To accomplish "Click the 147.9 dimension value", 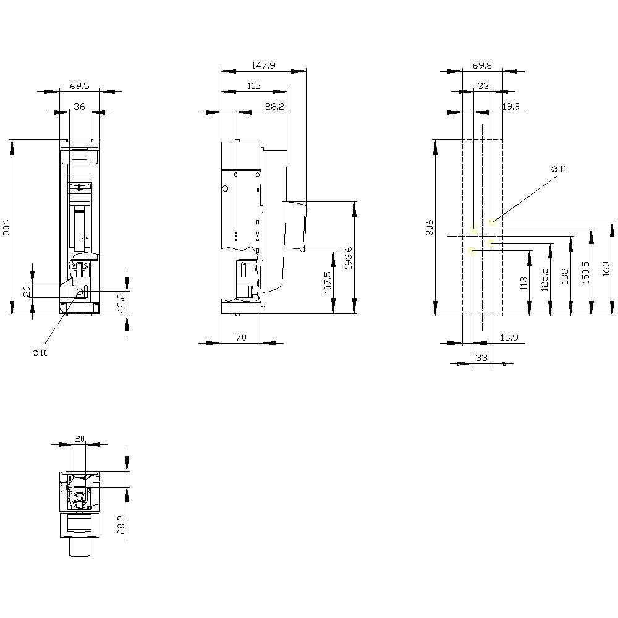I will [x=263, y=64].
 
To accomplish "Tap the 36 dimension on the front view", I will [x=80, y=106].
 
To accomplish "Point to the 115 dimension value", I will [x=253, y=85].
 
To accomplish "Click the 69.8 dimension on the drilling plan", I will [x=482, y=64].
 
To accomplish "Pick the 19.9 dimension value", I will [x=510, y=106].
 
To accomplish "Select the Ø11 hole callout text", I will [x=559, y=169].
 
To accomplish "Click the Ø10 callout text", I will [x=41, y=353].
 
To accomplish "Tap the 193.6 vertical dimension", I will [x=349, y=258].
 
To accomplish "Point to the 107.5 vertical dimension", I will [x=328, y=282].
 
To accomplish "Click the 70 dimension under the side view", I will [x=241, y=337].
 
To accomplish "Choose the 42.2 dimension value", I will [x=121, y=303].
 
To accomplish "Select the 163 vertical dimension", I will [x=606, y=268].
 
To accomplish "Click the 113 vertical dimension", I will [x=524, y=283].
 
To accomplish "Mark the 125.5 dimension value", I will [x=544, y=279].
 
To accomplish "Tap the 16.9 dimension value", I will [x=509, y=337].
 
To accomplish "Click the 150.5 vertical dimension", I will [x=585, y=272].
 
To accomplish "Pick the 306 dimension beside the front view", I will [x=7, y=228].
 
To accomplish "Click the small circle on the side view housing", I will [x=225, y=188].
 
